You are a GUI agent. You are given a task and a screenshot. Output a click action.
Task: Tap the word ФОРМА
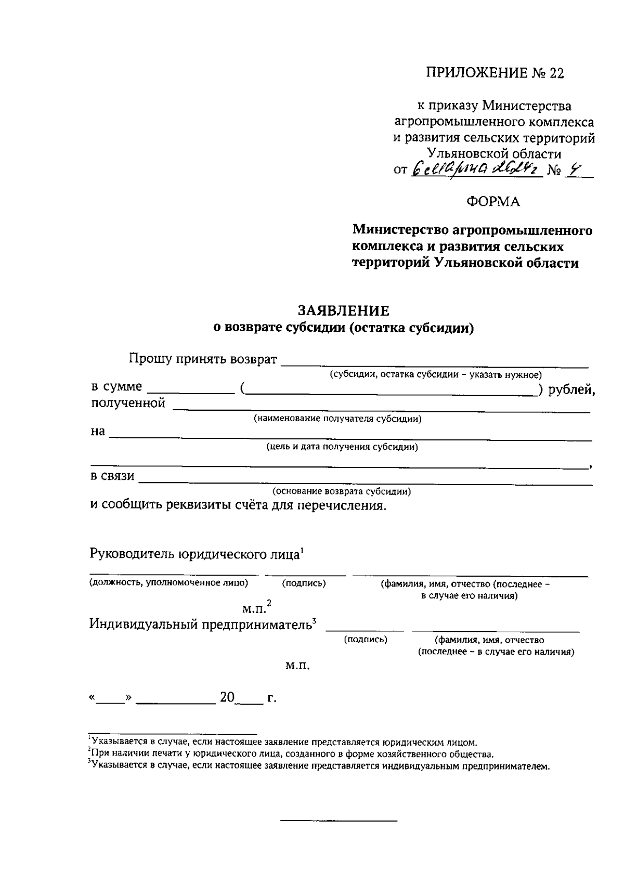point(492,202)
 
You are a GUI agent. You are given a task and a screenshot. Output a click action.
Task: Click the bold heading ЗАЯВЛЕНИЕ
point(343,311)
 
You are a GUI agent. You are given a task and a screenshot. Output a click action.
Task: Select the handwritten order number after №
point(574,170)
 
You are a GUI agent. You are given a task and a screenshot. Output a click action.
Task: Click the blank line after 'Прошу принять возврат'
point(434,362)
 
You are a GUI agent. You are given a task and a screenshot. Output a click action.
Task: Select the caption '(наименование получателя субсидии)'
point(337,419)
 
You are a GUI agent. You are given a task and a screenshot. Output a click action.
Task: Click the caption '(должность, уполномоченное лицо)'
point(168,583)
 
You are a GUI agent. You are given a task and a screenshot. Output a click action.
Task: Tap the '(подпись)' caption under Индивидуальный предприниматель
point(366,640)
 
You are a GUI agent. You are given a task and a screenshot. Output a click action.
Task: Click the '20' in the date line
point(227,697)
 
